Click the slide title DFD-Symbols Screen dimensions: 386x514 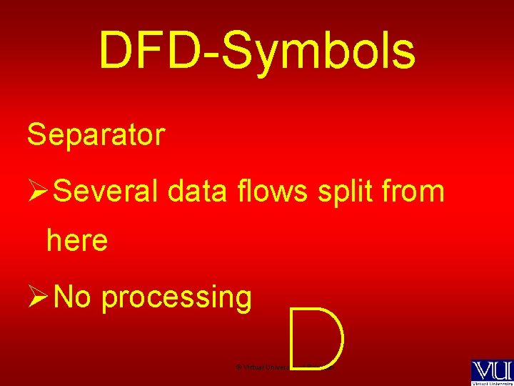click(x=257, y=51)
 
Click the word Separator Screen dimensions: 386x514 click(x=96, y=134)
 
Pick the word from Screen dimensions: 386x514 click(x=415, y=192)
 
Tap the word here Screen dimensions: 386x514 click(x=77, y=242)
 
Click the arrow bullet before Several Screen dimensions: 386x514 click(x=37, y=192)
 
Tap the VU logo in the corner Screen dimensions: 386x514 click(x=490, y=370)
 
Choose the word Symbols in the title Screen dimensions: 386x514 click(x=318, y=51)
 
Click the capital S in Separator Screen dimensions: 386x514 click(x=35, y=134)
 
